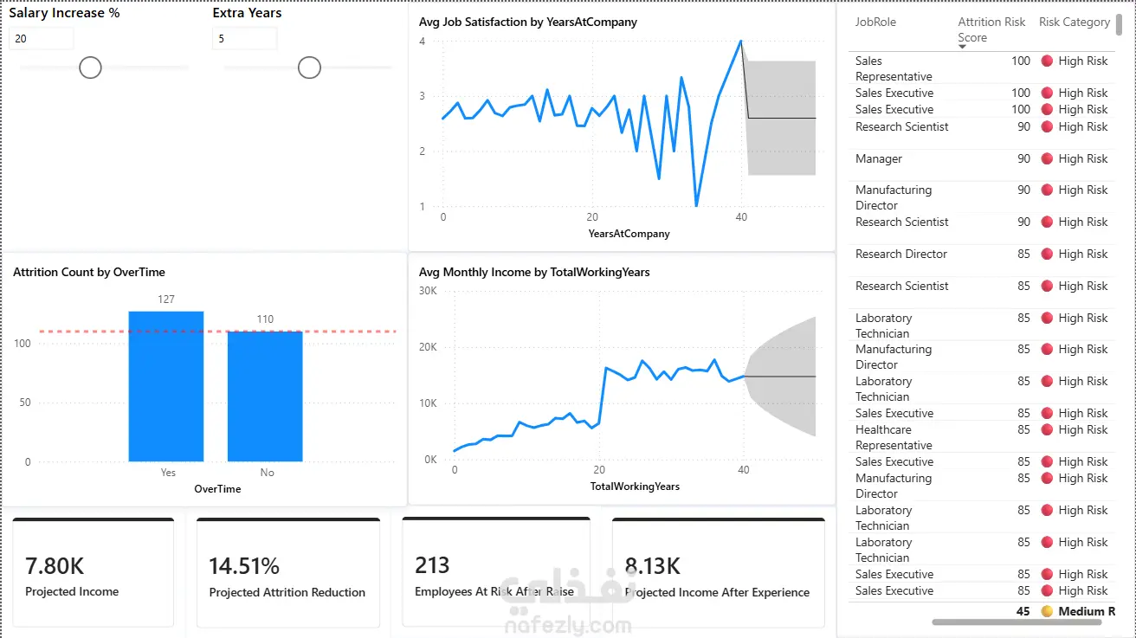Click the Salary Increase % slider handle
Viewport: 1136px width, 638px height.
click(90, 68)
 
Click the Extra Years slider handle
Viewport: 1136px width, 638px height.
click(309, 68)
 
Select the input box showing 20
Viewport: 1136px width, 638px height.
click(41, 39)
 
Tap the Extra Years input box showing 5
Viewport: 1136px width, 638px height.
click(244, 39)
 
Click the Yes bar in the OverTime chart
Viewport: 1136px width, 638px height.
click(166, 386)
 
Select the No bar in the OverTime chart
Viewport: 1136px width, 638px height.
click(265, 396)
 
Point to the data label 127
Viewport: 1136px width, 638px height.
click(166, 300)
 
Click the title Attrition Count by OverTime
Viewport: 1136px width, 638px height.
click(89, 273)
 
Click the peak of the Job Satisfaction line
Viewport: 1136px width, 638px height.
click(741, 41)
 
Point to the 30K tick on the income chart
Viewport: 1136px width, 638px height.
click(428, 291)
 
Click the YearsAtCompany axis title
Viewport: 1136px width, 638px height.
click(629, 234)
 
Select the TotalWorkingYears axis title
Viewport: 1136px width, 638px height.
click(635, 487)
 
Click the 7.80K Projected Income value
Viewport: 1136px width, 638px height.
click(55, 566)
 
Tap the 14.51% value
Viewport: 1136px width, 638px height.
click(244, 566)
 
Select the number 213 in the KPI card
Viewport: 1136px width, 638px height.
click(432, 565)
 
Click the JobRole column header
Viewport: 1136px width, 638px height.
click(876, 22)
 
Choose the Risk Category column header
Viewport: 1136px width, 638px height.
click(1075, 22)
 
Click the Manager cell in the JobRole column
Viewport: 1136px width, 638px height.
click(879, 158)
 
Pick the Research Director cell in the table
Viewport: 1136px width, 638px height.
click(901, 255)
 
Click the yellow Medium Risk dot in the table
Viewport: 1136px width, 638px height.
click(1047, 611)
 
